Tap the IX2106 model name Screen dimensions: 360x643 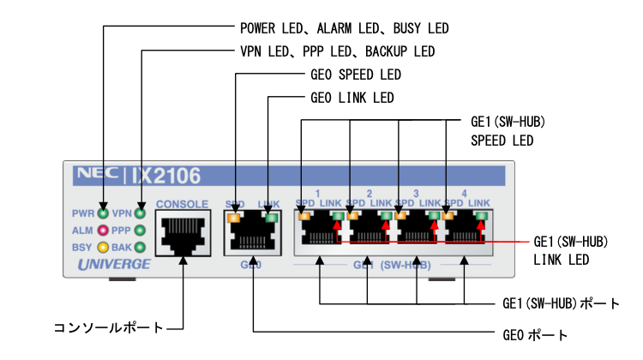(x=166, y=177)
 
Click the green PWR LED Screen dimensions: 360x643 (x=103, y=213)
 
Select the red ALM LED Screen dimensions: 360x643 (x=103, y=231)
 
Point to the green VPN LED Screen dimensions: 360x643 (x=140, y=213)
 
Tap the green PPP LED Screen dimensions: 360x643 (x=140, y=231)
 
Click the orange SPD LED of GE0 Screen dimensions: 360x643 (x=233, y=218)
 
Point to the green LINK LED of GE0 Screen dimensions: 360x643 (x=272, y=218)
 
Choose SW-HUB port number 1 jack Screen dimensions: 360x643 (x=319, y=232)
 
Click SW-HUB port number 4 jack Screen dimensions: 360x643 (x=465, y=232)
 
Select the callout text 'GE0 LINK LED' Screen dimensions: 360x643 (x=352, y=98)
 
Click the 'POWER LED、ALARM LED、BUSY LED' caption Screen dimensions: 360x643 (x=344, y=28)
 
